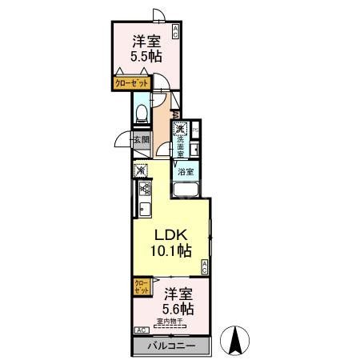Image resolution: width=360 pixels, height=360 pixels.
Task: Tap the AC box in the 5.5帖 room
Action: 175,33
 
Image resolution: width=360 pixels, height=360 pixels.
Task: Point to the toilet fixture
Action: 141,113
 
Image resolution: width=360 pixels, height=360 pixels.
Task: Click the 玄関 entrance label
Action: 142,140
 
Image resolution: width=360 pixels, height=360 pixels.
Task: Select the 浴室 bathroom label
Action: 186,171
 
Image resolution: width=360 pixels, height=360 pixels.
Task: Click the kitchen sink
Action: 145,211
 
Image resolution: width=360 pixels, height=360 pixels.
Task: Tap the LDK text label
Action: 170,234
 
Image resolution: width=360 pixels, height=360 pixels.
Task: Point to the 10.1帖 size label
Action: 173,251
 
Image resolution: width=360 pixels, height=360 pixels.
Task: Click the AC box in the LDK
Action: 205,267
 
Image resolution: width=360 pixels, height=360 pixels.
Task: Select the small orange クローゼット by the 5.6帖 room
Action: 140,286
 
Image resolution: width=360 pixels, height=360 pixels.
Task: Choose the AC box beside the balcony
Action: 141,330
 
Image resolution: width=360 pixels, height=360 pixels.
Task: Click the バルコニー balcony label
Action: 171,346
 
